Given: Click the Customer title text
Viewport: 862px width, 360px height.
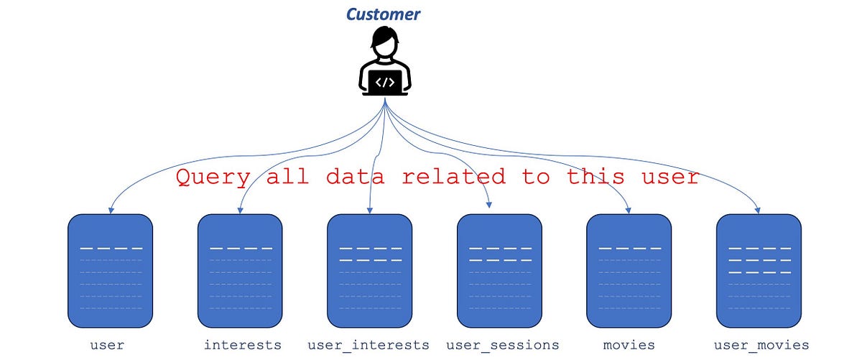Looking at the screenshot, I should click(x=383, y=14).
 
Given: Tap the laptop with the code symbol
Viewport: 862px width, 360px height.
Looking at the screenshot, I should click(x=385, y=83).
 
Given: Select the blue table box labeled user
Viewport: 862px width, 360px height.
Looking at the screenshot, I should click(x=110, y=270).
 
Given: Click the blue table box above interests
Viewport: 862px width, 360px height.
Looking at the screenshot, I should click(x=240, y=270).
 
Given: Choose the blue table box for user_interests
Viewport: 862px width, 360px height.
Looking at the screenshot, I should click(x=369, y=270).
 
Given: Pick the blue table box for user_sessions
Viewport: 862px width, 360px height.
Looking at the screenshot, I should click(x=499, y=270).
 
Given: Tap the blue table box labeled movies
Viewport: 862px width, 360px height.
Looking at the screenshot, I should click(x=629, y=270).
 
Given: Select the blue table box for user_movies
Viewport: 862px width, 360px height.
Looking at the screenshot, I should click(x=759, y=270).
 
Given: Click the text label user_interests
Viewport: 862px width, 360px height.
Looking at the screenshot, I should click(x=369, y=345).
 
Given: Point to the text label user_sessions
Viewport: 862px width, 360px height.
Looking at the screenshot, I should click(x=502, y=345).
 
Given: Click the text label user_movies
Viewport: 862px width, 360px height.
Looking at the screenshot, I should click(x=761, y=345).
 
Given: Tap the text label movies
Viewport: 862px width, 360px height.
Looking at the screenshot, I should click(x=629, y=345).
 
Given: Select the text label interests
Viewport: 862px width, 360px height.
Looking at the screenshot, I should click(x=242, y=345).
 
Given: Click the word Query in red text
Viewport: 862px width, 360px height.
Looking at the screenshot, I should click(x=213, y=177).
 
